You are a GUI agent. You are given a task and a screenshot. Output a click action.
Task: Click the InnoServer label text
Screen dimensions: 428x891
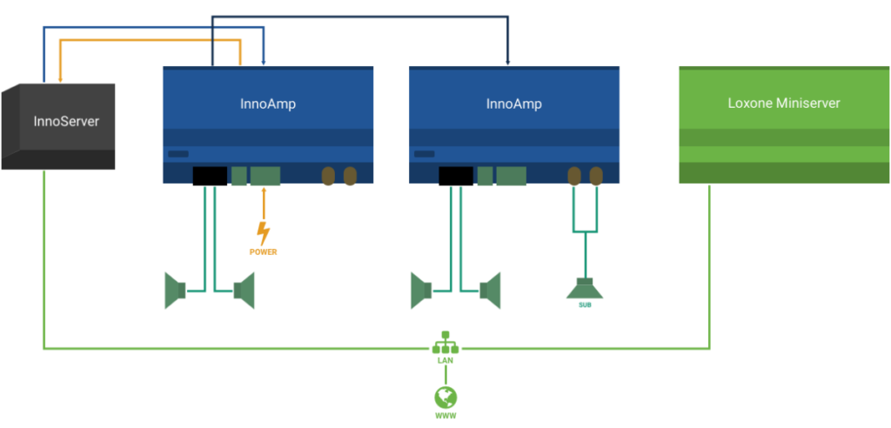pos(66,121)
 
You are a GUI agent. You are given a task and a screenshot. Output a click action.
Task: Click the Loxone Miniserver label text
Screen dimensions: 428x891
pos(784,103)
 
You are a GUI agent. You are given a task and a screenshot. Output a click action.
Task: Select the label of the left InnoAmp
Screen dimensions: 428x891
pos(268,104)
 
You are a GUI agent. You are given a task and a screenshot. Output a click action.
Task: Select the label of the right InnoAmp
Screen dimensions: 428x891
pos(513,104)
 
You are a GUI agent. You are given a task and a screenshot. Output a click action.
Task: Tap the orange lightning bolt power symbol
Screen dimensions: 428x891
pos(263,235)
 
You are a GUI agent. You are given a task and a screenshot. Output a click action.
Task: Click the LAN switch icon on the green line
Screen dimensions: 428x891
pos(445,347)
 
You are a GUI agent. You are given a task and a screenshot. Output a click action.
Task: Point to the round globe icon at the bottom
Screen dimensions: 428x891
pos(445,398)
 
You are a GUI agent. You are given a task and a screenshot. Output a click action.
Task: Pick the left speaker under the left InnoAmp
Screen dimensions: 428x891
pos(176,290)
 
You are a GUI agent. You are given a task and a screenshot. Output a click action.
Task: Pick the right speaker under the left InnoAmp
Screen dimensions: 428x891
pos(244,290)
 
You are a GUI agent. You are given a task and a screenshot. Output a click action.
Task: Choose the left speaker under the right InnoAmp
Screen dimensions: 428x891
pos(422,290)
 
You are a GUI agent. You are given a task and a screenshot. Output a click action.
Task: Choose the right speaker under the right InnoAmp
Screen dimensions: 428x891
pos(490,290)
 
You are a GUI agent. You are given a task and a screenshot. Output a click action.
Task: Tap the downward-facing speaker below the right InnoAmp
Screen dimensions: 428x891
pos(585,288)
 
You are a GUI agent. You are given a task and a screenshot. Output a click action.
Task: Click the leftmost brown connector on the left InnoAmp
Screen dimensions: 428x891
pos(328,177)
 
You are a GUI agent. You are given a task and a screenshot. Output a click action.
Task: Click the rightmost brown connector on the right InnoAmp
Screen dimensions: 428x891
pos(596,177)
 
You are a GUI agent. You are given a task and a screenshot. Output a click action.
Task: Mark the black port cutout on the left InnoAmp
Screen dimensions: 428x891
pos(210,176)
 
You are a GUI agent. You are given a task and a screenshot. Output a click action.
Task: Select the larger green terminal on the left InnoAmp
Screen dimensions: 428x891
pos(265,176)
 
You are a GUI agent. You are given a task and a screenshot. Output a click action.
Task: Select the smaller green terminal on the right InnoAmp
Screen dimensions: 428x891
pos(485,176)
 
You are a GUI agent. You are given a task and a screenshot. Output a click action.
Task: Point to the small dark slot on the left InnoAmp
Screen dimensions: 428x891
pos(178,154)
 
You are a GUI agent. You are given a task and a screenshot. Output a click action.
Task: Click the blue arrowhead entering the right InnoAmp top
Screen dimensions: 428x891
pos(508,62)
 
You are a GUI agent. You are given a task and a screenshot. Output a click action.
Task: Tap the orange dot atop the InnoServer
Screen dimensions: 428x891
pos(60,79)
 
